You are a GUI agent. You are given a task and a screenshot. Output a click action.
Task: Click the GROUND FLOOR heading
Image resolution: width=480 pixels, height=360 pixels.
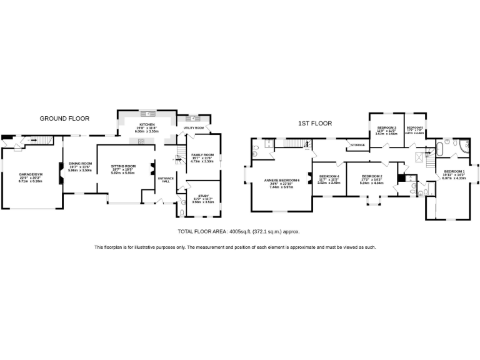coord(64,118)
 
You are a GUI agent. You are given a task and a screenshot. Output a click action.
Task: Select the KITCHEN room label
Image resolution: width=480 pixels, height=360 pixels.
coord(147,124)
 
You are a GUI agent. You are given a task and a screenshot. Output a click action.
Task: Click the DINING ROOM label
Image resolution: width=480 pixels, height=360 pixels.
coord(80,164)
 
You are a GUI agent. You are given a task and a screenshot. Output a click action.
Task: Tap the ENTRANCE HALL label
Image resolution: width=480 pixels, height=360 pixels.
coord(166,180)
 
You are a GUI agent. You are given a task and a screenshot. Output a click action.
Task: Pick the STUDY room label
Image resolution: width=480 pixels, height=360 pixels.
coord(204,196)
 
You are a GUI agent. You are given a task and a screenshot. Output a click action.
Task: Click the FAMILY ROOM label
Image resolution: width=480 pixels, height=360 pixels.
coord(202,155)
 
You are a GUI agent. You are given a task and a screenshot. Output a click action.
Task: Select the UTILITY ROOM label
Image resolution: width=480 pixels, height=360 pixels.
coord(194,127)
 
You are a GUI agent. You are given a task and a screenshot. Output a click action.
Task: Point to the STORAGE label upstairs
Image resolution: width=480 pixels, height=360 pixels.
coord(357,145)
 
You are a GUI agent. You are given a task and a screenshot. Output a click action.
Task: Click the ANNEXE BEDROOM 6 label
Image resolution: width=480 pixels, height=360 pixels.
coord(282,181)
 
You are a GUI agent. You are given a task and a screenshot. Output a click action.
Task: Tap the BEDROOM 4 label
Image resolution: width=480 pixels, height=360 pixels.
coord(329,177)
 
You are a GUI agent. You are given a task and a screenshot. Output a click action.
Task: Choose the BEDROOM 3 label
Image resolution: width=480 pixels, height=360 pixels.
coord(386,127)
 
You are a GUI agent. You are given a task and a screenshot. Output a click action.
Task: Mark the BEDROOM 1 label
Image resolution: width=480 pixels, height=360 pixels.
coord(454,171)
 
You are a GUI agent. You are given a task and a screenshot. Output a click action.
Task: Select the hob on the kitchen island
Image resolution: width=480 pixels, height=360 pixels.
coord(142,141)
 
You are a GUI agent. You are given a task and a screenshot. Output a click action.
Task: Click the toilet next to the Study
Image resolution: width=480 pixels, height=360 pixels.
coord(181,212)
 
